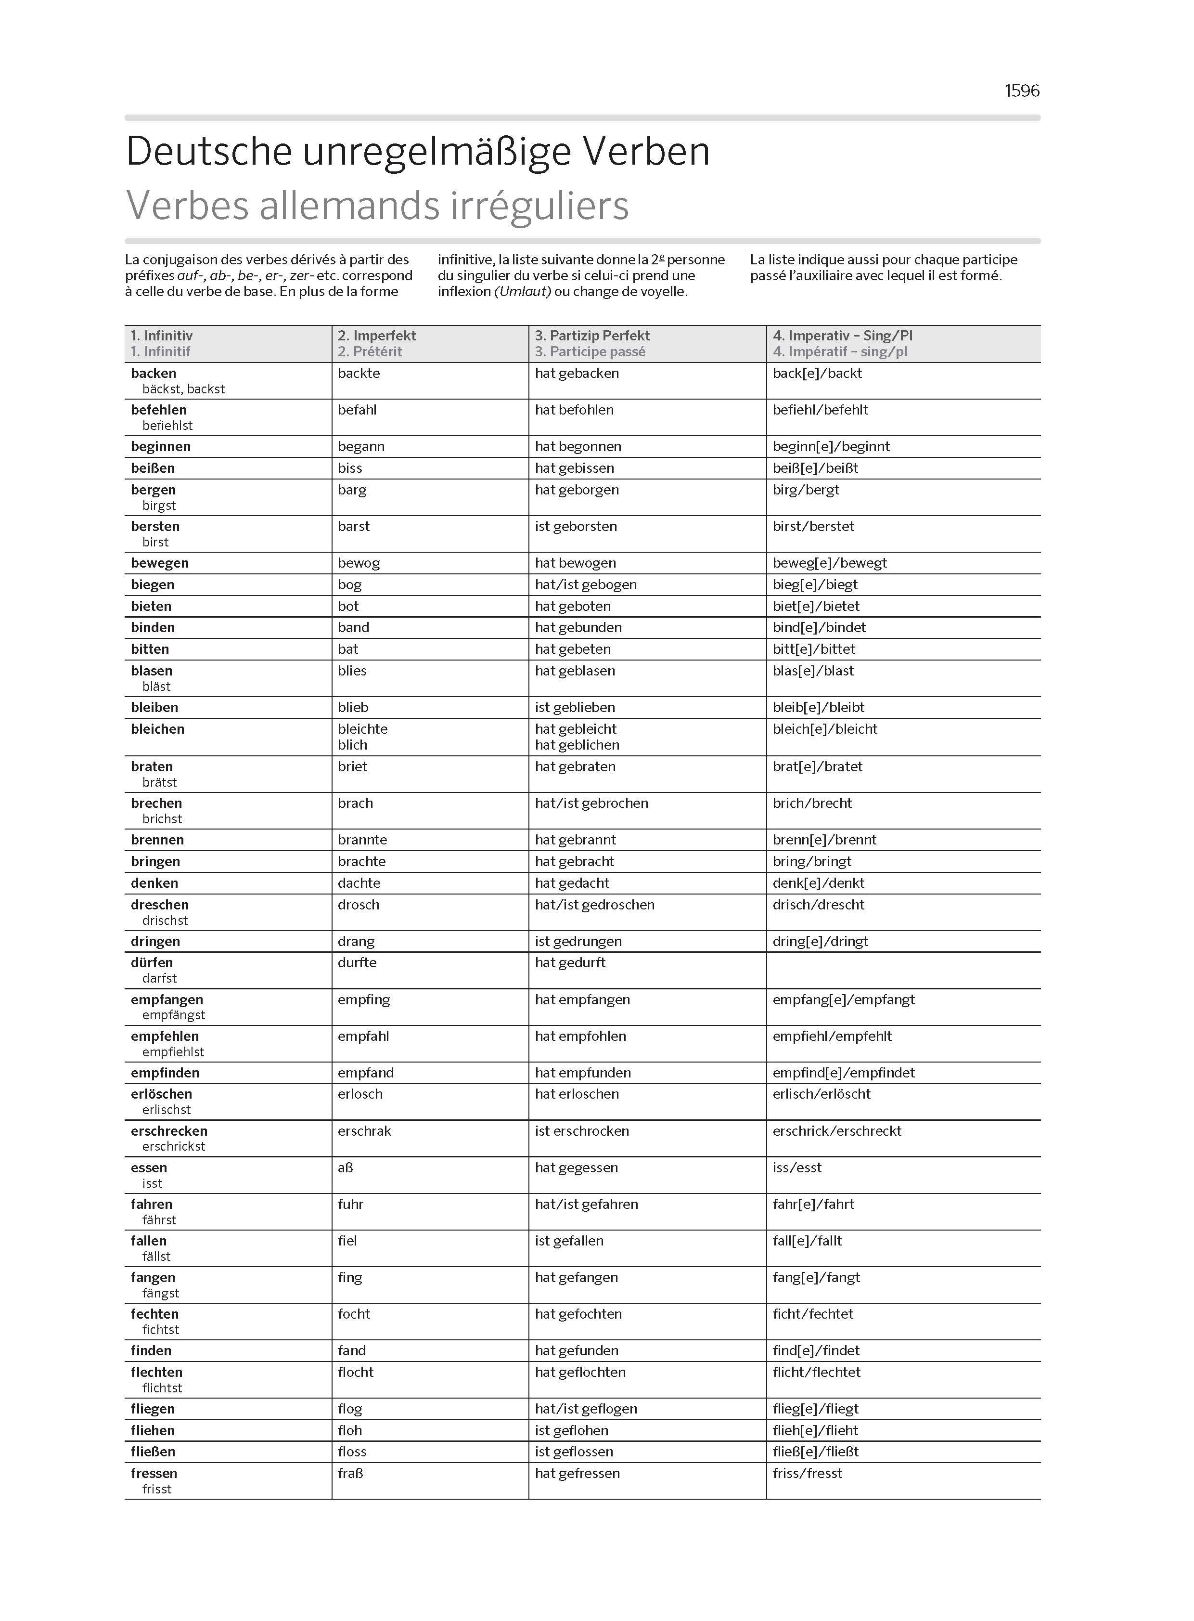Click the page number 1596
pos(1021,91)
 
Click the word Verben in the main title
pos(646,151)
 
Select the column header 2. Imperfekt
pos(376,336)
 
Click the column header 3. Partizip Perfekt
pos(592,336)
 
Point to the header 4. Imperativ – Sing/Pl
pos(842,336)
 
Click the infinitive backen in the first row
pos(153,373)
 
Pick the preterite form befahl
pos(357,410)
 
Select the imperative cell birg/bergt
pos(806,490)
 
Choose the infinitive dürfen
pos(152,962)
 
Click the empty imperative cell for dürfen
pos(903,970)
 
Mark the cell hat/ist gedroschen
pos(594,905)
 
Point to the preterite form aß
pos(346,1167)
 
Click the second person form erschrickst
pos(173,1146)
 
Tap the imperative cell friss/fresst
pos(807,1473)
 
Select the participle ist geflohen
pos(571,1430)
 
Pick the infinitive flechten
pos(156,1372)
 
